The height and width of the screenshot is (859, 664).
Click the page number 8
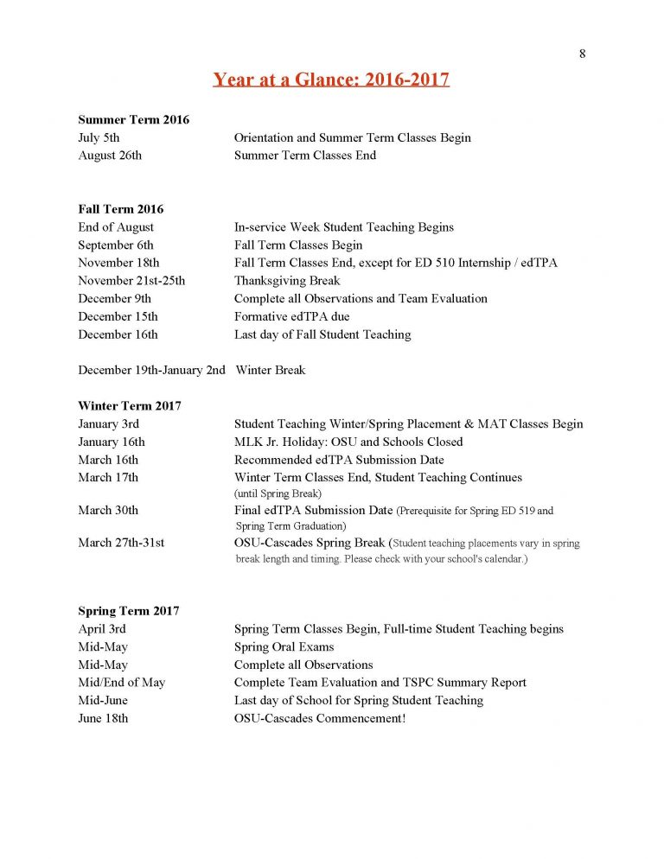583,54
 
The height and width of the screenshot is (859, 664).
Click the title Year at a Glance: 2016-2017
331,80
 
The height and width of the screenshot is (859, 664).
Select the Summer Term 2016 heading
133,119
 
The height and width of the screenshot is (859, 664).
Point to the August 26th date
110,156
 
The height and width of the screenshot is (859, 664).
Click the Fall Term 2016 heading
120,209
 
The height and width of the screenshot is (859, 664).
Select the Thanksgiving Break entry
287,280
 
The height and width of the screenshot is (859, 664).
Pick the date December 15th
118,316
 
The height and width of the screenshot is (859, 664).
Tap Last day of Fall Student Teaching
322,334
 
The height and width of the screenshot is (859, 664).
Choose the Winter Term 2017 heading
129,405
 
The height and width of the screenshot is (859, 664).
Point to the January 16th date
112,442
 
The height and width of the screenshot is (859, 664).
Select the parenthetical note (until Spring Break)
278,493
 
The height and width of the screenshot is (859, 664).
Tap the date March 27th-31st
121,543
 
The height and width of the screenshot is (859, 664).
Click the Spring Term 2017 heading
128,611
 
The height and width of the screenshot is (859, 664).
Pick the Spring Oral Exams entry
284,646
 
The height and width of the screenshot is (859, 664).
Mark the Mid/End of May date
121,682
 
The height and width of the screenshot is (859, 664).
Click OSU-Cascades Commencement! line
319,718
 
